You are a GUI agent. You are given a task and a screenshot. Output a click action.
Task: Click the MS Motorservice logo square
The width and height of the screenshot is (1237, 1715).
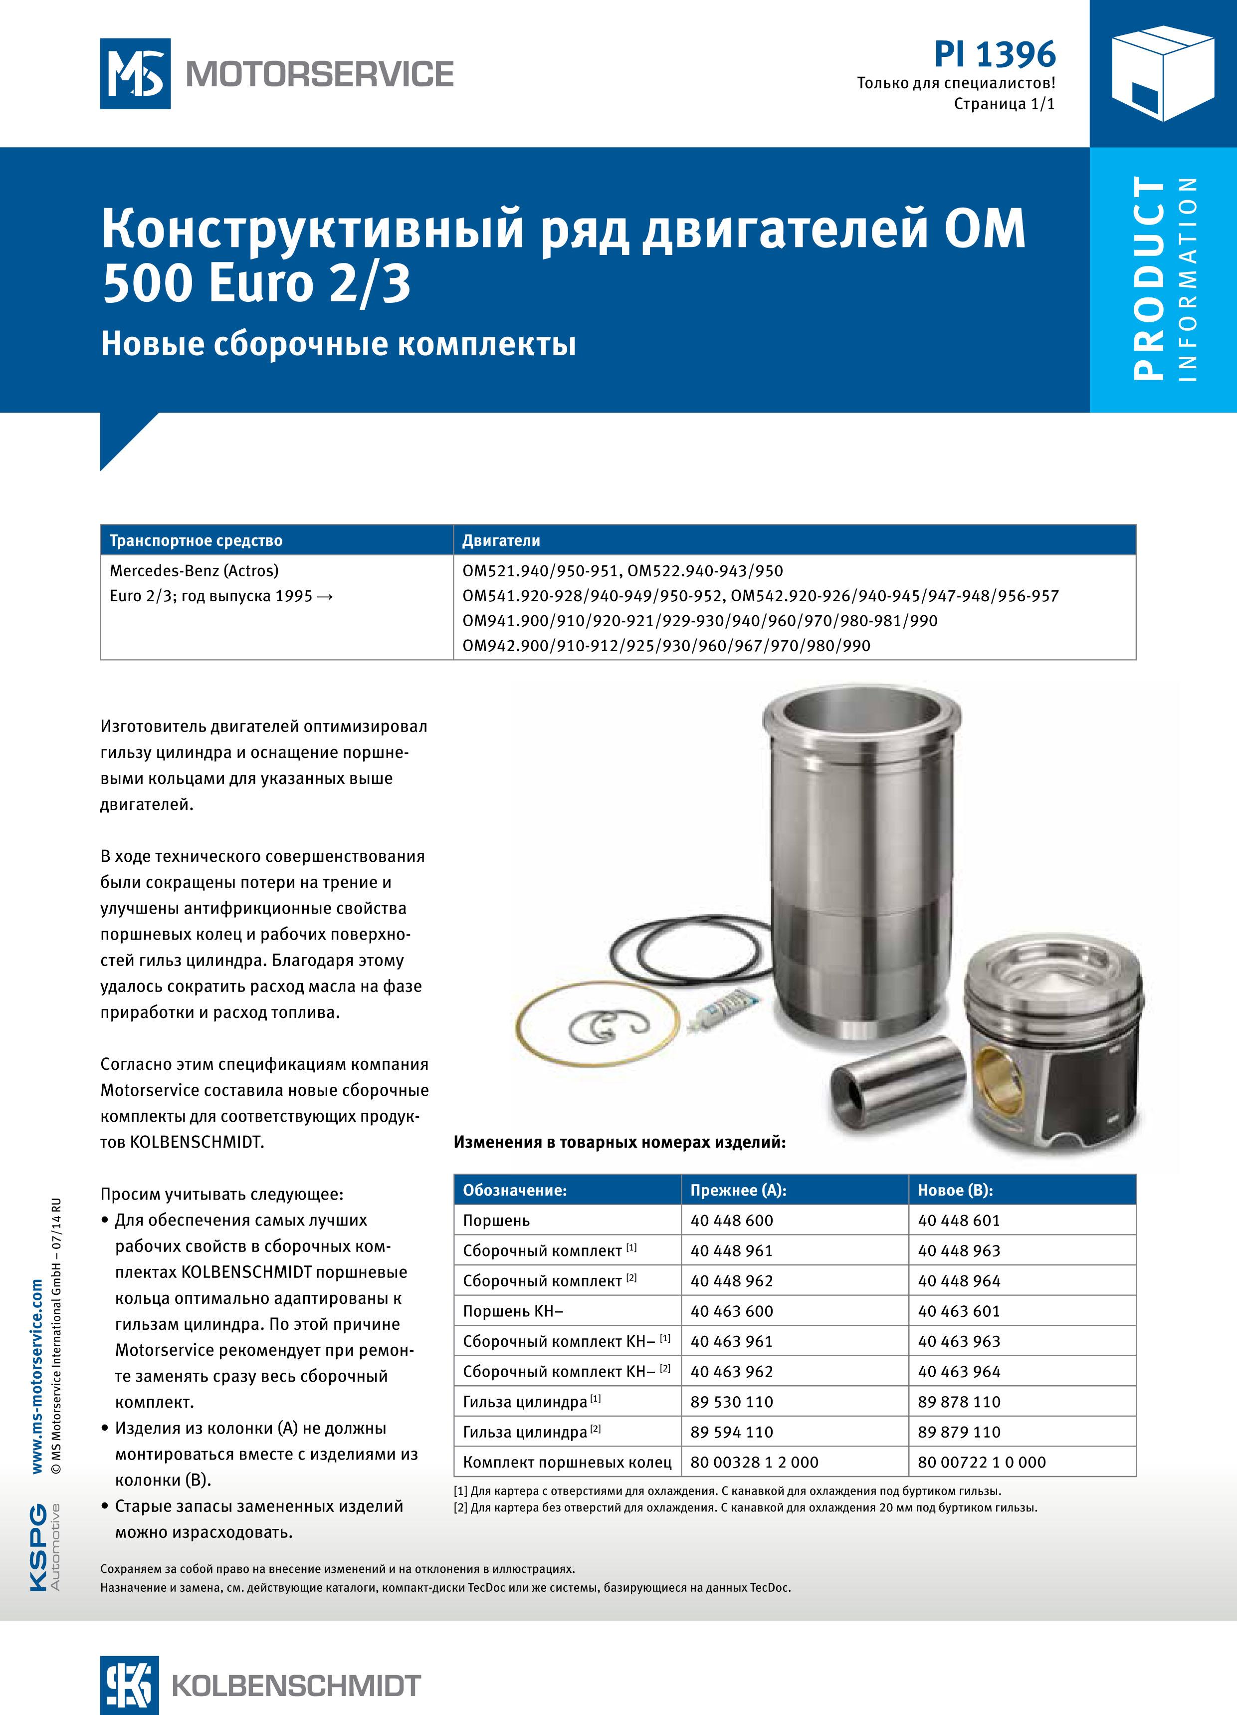click(135, 74)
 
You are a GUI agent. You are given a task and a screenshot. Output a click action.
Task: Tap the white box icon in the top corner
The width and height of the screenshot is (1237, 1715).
click(1163, 73)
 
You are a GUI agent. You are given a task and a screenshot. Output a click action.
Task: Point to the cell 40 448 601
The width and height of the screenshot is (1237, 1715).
click(958, 1221)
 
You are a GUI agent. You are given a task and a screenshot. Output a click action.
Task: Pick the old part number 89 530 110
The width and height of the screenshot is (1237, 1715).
click(731, 1402)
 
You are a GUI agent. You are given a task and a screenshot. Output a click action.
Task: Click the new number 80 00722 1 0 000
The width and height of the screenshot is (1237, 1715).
click(982, 1463)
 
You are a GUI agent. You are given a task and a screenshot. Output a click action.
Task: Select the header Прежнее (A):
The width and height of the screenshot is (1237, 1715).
click(738, 1190)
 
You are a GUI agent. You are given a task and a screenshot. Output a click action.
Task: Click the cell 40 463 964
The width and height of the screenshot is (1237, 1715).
click(958, 1372)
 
